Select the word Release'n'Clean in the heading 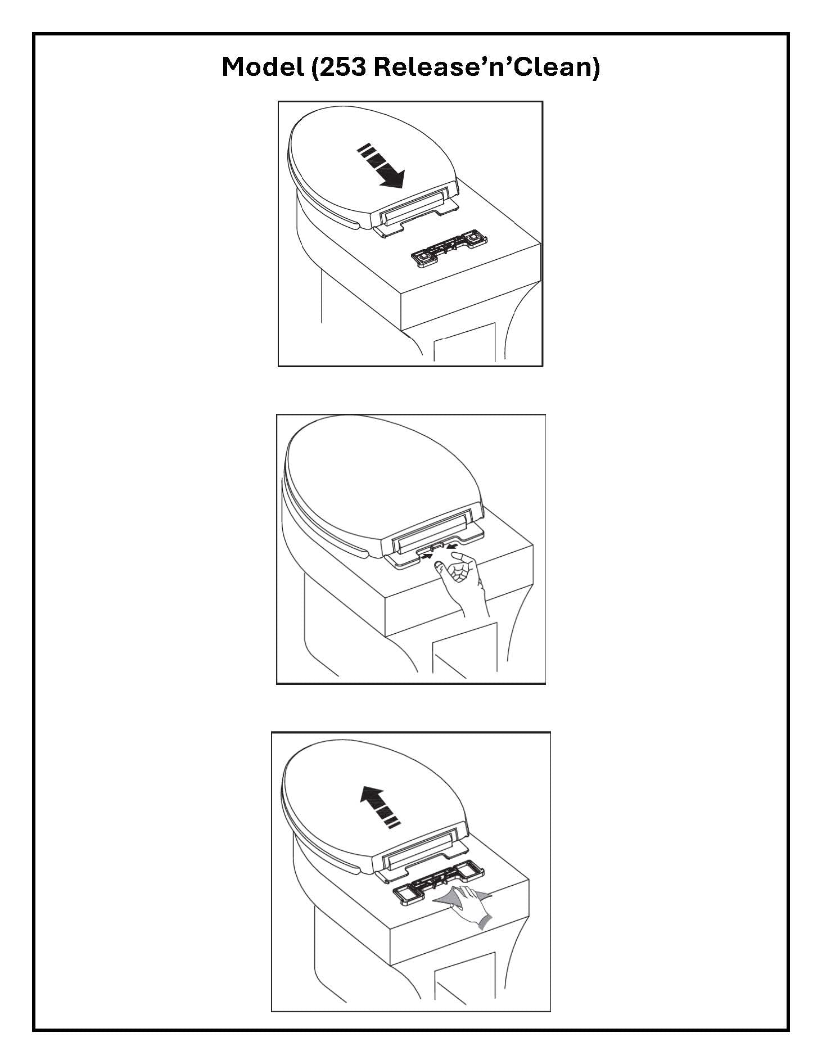pyautogui.click(x=481, y=67)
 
